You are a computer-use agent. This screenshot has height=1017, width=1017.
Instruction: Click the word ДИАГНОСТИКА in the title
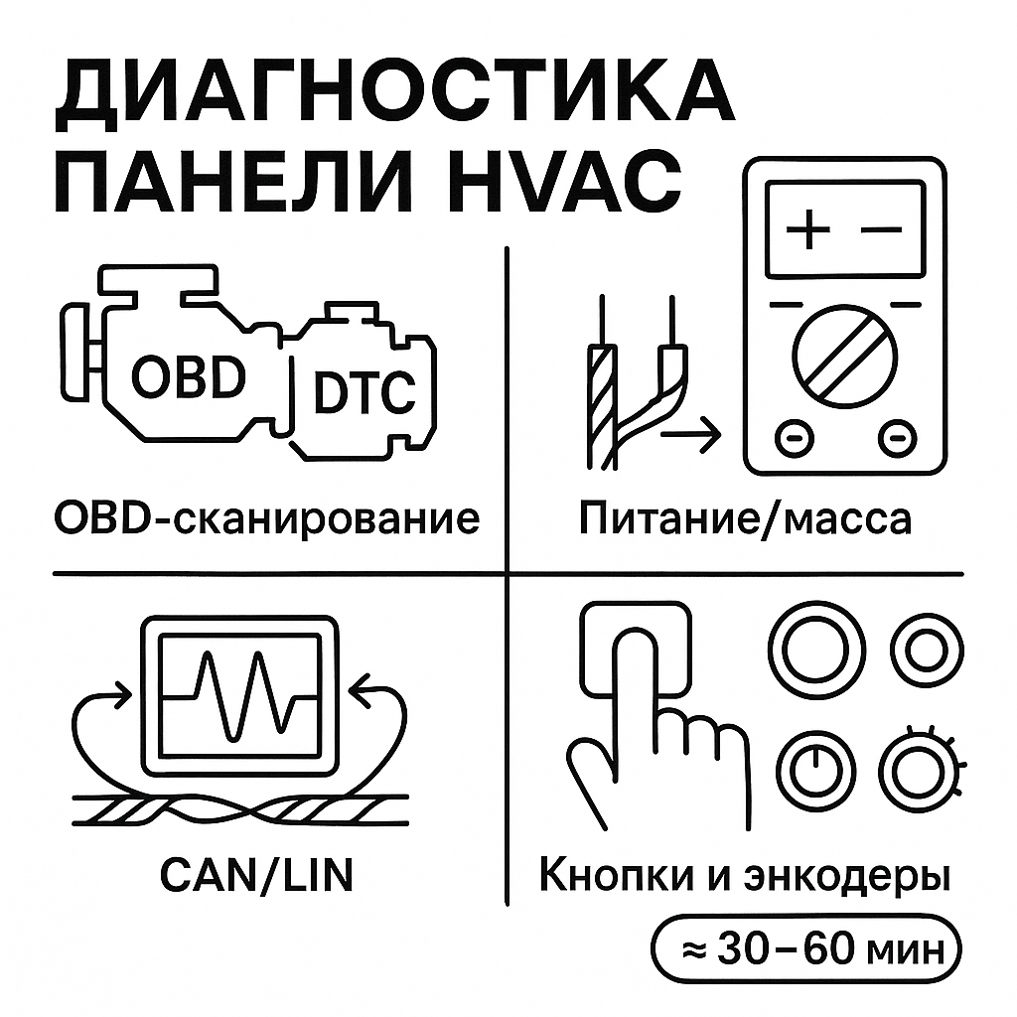tap(393, 97)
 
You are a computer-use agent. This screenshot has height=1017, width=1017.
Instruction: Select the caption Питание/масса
tap(746, 517)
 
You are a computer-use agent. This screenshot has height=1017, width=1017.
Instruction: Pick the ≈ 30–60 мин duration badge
tap(804, 951)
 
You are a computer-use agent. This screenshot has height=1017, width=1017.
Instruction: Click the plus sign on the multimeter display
tap(809, 230)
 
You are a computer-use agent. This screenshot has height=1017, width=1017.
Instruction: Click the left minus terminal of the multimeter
tap(790, 437)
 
